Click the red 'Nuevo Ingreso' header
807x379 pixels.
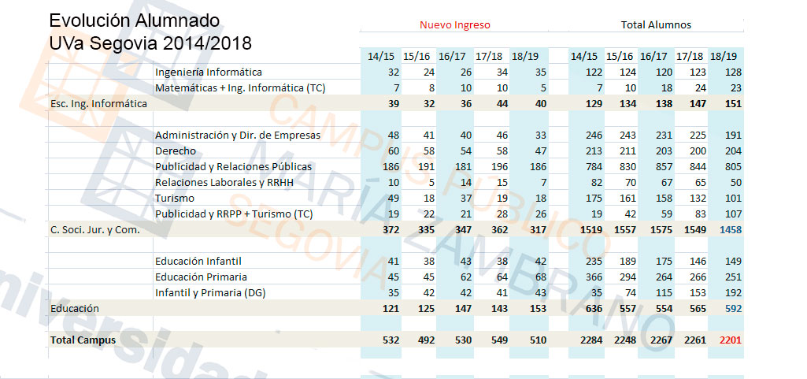[454, 24]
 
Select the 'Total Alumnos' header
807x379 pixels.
[656, 24]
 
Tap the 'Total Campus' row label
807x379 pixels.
[83, 340]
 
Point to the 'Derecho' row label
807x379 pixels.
[176, 150]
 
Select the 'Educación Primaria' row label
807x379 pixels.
[201, 277]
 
